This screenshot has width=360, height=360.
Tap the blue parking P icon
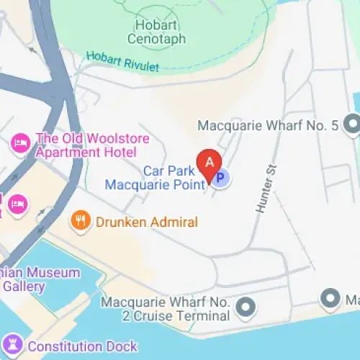[x=221, y=176]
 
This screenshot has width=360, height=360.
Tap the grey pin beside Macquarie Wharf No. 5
[x=352, y=126]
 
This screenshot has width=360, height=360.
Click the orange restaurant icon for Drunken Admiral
[x=81, y=220]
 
